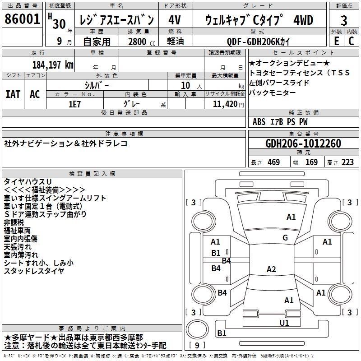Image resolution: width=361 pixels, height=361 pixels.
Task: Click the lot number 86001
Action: click(x=22, y=19)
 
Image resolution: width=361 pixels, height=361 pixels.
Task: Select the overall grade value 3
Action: click(x=344, y=21)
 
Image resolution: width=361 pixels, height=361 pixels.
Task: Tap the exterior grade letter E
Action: click(x=337, y=41)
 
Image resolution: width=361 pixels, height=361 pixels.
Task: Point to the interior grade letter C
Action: click(x=351, y=41)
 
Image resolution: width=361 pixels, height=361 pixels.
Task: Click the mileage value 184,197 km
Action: click(x=53, y=65)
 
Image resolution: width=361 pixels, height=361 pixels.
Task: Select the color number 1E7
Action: click(x=74, y=104)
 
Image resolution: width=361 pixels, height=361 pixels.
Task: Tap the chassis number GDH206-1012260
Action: click(x=303, y=143)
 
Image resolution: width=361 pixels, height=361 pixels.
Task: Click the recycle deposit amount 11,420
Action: click(x=225, y=104)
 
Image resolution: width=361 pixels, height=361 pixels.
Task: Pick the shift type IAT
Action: click(x=13, y=94)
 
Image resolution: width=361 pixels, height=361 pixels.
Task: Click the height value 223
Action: click(x=347, y=162)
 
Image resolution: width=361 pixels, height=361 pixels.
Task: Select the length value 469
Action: click(x=274, y=162)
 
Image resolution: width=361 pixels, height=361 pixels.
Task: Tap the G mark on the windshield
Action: click(x=285, y=237)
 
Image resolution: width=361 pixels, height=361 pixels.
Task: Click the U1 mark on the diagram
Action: click(x=284, y=323)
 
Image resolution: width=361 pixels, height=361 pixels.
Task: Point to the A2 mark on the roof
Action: click(x=271, y=269)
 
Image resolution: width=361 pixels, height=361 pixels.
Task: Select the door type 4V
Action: click(x=175, y=20)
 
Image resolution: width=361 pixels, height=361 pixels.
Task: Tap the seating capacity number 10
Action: click(x=185, y=85)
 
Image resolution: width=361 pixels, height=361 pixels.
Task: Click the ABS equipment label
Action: click(x=259, y=122)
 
